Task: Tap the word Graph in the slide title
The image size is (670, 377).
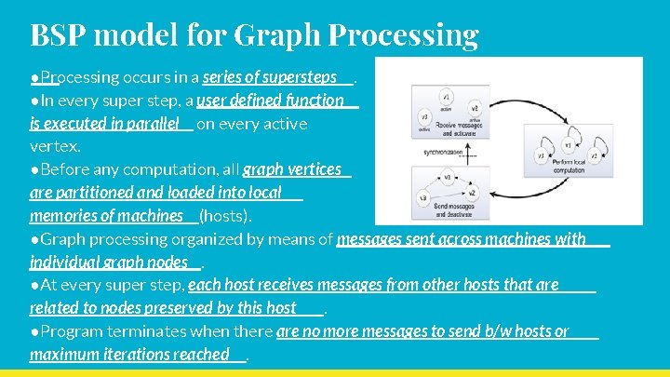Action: coord(276,34)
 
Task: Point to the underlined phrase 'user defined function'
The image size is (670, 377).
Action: coord(271,100)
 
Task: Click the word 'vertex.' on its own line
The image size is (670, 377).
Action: coord(55,146)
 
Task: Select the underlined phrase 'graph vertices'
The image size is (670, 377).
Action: coord(291,169)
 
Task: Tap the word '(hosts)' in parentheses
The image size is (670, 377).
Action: coord(225,216)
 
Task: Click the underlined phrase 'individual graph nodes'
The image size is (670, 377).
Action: coord(109,262)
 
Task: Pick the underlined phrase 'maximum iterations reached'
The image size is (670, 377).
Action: coord(129,354)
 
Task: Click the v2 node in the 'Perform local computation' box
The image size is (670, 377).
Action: coord(595,155)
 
